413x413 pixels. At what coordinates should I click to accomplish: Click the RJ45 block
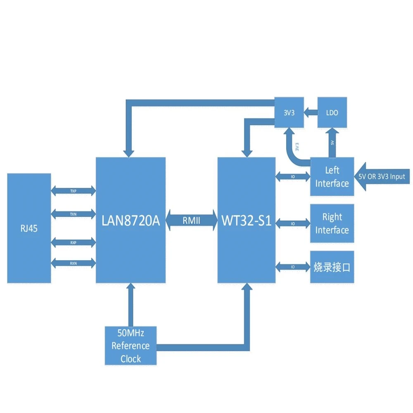coord(29,228)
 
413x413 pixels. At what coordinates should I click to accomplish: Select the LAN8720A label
coord(131,221)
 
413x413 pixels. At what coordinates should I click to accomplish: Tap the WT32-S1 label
coord(247,221)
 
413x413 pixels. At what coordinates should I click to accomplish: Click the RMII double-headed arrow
coord(192,221)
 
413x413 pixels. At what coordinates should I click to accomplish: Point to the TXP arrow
coord(73,191)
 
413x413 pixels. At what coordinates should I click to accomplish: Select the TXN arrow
coord(73,214)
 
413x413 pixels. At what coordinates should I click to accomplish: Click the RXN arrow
coord(73,263)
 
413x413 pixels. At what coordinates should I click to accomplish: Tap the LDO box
coord(332,112)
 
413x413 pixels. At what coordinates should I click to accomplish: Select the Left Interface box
coord(332,177)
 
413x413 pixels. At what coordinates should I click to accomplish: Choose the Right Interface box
coord(332,223)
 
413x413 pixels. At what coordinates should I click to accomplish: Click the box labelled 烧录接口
coord(332,267)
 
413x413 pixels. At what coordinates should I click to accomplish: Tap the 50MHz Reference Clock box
coord(131,346)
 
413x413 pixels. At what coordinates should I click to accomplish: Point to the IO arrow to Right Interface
coord(293,223)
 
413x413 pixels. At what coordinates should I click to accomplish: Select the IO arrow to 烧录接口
coord(293,267)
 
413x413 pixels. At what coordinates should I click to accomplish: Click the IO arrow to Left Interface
coord(293,177)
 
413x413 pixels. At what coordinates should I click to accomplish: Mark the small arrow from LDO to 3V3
coord(311,112)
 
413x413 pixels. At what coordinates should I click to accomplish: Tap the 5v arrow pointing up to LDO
coord(332,142)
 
